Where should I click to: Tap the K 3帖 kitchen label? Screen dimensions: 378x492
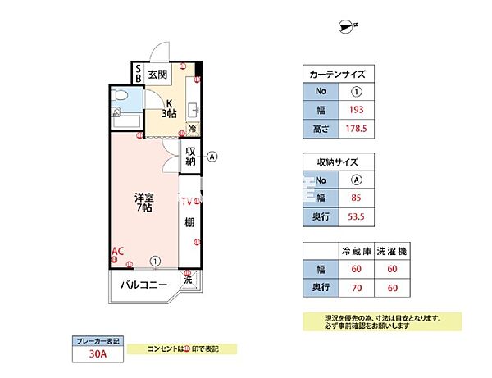[x=169, y=108]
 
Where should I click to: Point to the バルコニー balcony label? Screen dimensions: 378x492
[x=144, y=285]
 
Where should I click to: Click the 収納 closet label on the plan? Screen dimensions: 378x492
[x=190, y=156]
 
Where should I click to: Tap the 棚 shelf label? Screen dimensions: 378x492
[x=189, y=222]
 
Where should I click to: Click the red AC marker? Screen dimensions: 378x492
[x=117, y=251]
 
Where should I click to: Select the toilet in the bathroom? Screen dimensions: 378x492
[x=120, y=102]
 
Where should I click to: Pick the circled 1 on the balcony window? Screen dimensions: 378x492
[x=154, y=262]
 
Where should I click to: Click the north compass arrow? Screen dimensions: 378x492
[x=345, y=28]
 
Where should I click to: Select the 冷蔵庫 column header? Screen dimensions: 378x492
[x=356, y=250]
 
